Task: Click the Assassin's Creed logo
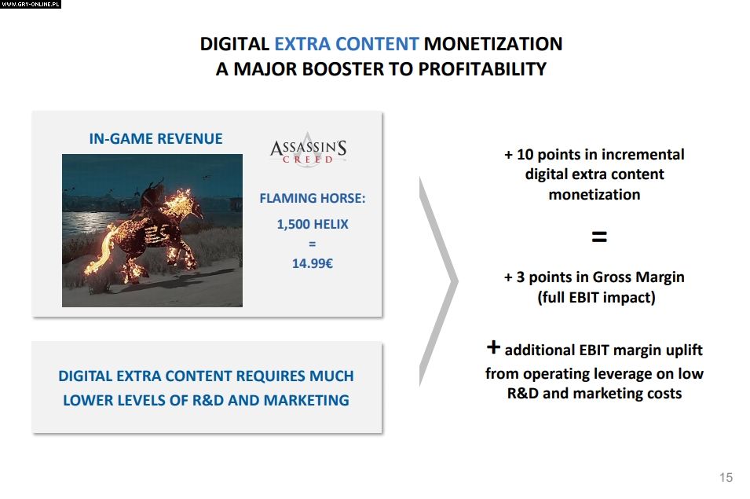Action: pyautogui.click(x=309, y=149)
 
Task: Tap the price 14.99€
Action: pyautogui.click(x=313, y=263)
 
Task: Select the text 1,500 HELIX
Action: pyautogui.click(x=313, y=225)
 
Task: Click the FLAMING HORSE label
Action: pyautogui.click(x=313, y=198)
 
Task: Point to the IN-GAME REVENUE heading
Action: pyautogui.click(x=155, y=139)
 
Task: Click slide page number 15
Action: pyautogui.click(x=726, y=478)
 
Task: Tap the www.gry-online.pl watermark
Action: pyautogui.click(x=31, y=4)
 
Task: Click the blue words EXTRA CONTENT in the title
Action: pyautogui.click(x=346, y=44)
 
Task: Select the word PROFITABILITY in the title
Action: pyautogui.click(x=482, y=69)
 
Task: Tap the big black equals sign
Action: pyautogui.click(x=599, y=237)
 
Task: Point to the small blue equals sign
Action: pyautogui.click(x=313, y=244)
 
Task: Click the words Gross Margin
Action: pyautogui.click(x=638, y=277)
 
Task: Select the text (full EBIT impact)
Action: pyautogui.click(x=596, y=298)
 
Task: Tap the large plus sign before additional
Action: pyautogui.click(x=493, y=347)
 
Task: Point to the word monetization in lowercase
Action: pyautogui.click(x=594, y=195)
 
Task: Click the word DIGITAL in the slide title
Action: pyautogui.click(x=234, y=44)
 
